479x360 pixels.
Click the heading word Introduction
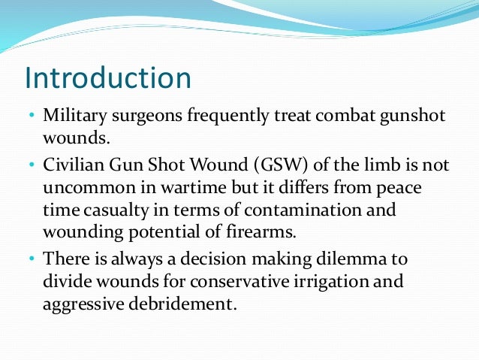[x=107, y=77]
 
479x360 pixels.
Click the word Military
[x=73, y=117]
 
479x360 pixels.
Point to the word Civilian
[x=72, y=165]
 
